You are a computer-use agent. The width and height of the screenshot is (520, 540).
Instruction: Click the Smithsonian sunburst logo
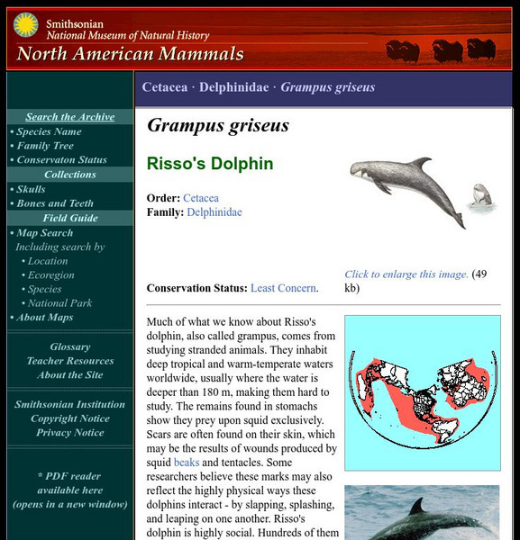(x=25, y=25)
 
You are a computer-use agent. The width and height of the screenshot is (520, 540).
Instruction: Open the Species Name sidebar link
(x=49, y=131)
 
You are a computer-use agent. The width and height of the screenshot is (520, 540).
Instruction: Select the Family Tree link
(x=45, y=146)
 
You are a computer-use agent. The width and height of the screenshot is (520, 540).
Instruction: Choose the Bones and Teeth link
(x=55, y=203)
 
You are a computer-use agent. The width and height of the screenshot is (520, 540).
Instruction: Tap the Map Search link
(x=44, y=233)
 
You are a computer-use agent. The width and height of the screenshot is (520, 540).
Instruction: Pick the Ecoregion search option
(x=50, y=275)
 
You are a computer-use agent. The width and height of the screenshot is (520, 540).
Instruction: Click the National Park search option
(x=59, y=303)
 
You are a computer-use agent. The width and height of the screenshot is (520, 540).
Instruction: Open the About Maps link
(x=44, y=318)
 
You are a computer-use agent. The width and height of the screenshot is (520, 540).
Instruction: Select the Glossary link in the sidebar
(x=69, y=346)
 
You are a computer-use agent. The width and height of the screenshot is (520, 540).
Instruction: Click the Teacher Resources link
(x=69, y=361)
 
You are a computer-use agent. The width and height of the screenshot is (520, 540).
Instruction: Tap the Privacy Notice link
(x=69, y=433)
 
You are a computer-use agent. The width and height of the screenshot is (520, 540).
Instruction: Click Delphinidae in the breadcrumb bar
(x=233, y=87)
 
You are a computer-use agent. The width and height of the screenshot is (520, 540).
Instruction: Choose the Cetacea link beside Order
(x=201, y=198)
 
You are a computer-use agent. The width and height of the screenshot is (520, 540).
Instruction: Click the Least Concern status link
(x=283, y=288)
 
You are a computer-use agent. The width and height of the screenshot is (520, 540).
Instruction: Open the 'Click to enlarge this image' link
(x=406, y=274)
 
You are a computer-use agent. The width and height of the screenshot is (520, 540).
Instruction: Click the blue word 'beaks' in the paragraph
(x=187, y=462)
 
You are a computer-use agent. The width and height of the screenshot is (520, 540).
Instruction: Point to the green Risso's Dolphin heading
(x=210, y=164)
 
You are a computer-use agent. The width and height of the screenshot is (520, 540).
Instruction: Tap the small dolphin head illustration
(x=481, y=193)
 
